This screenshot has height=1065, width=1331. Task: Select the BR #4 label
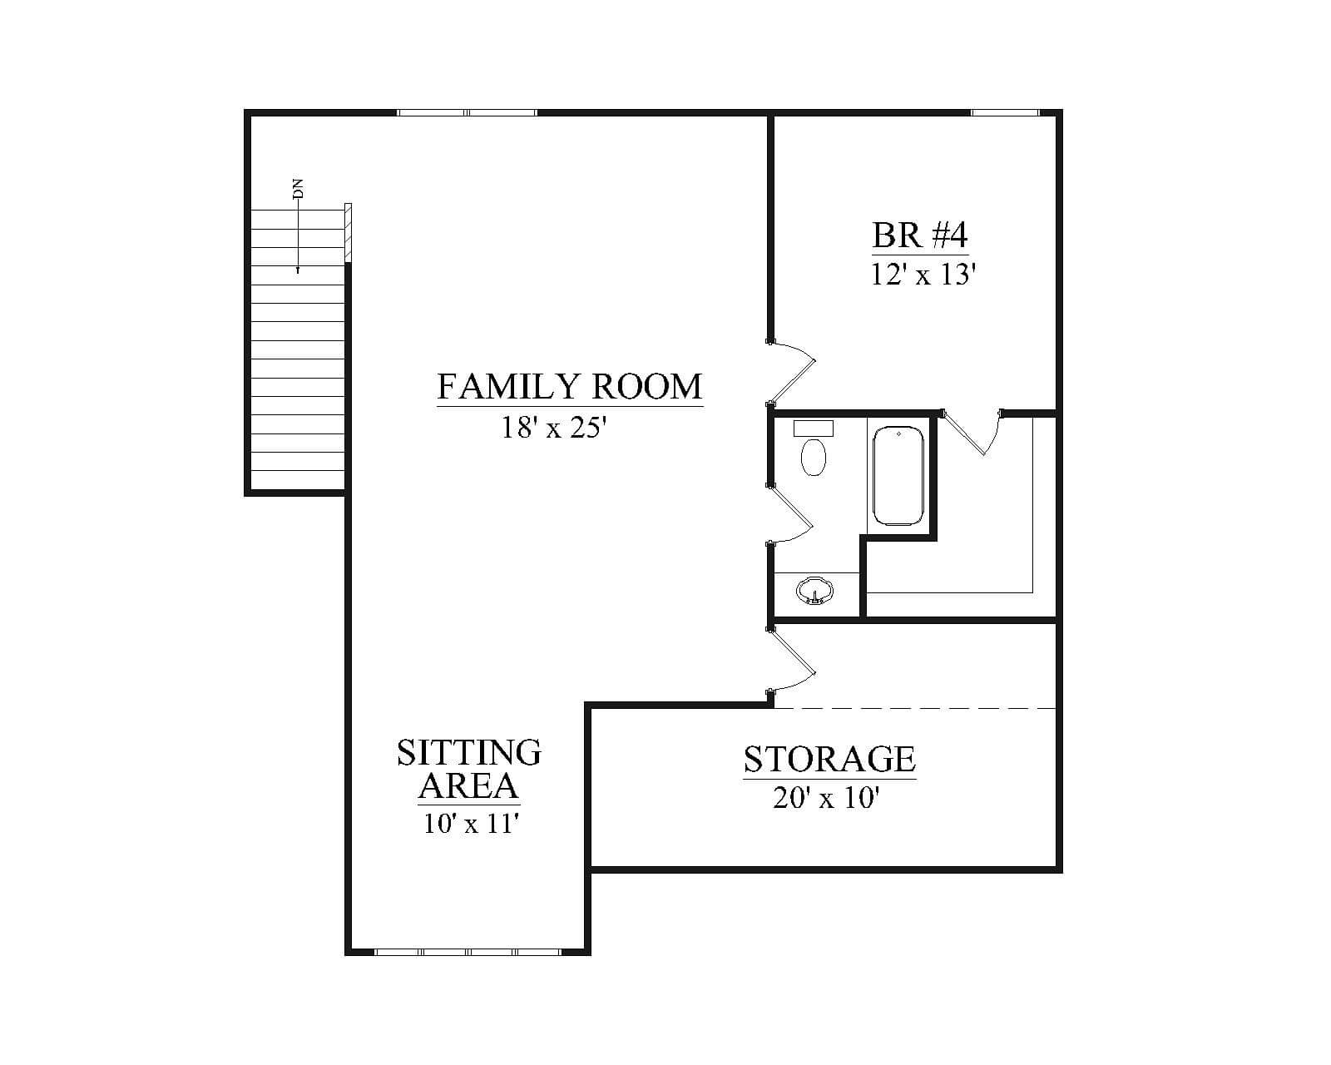tap(920, 235)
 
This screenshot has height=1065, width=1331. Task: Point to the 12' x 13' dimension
tap(923, 274)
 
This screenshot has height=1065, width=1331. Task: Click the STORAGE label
tap(829, 760)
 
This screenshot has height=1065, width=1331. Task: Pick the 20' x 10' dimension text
tap(826, 798)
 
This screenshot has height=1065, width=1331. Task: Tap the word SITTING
tap(469, 752)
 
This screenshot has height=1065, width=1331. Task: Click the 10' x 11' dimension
tap(470, 824)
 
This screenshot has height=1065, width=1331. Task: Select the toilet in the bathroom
tap(814, 447)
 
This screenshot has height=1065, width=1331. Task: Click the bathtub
tap(898, 475)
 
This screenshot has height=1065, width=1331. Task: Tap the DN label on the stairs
tap(298, 188)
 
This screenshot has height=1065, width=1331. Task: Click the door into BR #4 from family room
tap(792, 373)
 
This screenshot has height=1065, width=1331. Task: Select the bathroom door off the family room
tap(789, 513)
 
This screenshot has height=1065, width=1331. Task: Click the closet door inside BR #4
tap(972, 433)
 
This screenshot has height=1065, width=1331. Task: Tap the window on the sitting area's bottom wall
tap(468, 952)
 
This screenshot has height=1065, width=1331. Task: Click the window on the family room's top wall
tap(467, 112)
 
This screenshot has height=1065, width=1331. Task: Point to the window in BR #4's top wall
tap(1005, 112)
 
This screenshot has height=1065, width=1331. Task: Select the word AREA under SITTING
tap(468, 786)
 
